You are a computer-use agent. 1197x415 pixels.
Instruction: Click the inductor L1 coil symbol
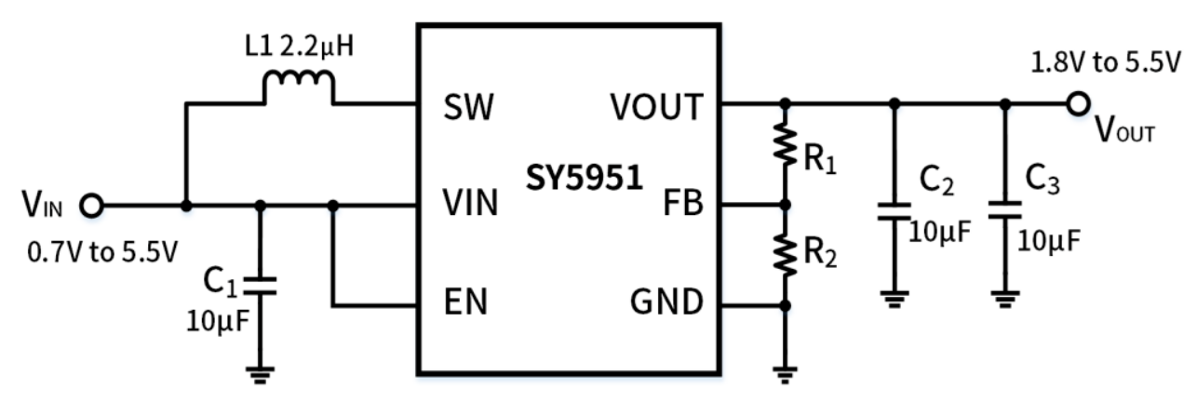(298, 89)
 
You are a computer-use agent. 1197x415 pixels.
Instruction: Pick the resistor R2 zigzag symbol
(787, 254)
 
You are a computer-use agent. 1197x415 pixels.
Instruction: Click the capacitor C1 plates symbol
(260, 283)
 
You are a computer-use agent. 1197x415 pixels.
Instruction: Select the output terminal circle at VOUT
(1079, 103)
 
